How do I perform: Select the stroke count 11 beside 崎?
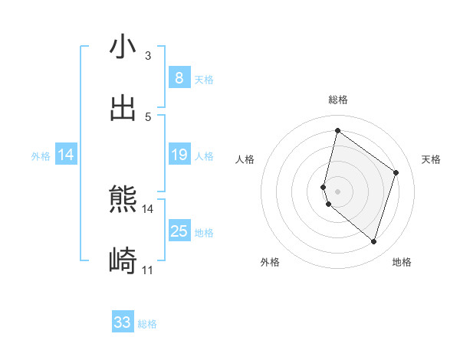(x=147, y=270)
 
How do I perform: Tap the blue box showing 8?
(x=179, y=78)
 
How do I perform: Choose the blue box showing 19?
(x=179, y=155)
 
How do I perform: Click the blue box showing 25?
(x=179, y=231)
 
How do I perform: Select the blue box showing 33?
(x=123, y=322)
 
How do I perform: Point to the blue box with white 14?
(x=66, y=155)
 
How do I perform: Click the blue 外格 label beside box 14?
(x=41, y=156)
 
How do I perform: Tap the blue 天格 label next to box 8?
(x=204, y=80)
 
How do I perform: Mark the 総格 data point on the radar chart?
(x=337, y=130)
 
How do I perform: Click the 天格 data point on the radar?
(x=396, y=172)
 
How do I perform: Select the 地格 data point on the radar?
(x=374, y=242)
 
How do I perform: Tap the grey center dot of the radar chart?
(x=337, y=191)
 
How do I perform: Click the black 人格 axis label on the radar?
(x=245, y=159)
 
